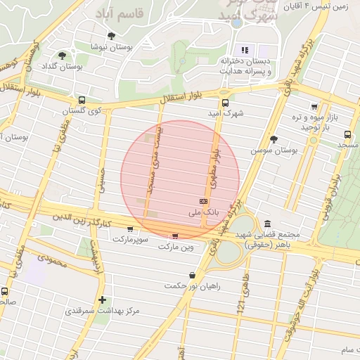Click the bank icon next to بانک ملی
[x=203, y=201]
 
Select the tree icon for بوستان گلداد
[x=62, y=56]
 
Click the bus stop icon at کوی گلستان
[x=82, y=101]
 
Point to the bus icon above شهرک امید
[x=224, y=101]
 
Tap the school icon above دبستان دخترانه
[x=245, y=50]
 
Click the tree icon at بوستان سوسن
[x=274, y=139]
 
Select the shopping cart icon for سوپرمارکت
[x=130, y=229]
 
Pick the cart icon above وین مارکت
[x=175, y=236]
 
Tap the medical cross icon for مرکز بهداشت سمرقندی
[x=103, y=300]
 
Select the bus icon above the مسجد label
[x=347, y=134]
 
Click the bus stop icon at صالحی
[x=5, y=291]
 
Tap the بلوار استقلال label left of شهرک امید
[x=184, y=99]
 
